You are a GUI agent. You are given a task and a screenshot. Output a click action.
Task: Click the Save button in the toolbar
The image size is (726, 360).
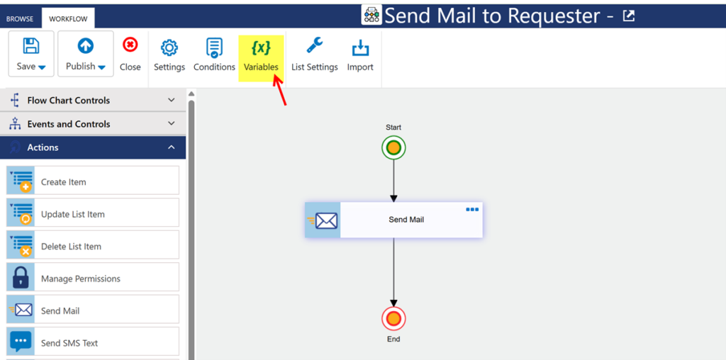[x=31, y=54]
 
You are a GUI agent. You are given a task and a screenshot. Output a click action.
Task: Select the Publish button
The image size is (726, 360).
[x=86, y=54]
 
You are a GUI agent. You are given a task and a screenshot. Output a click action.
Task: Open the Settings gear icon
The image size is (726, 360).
[x=169, y=47]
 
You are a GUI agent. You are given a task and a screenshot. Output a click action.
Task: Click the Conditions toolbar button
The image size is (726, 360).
[x=214, y=55]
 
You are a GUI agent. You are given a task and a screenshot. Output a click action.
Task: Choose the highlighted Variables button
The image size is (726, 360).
[x=261, y=58]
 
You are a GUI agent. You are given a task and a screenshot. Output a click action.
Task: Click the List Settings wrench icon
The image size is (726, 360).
[x=314, y=46]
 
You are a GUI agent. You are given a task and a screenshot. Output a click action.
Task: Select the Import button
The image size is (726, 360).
[x=360, y=55]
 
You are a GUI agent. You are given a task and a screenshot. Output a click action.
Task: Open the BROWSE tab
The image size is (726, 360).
[x=20, y=19]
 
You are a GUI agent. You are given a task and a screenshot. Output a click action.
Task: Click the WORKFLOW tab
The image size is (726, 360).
[x=68, y=19]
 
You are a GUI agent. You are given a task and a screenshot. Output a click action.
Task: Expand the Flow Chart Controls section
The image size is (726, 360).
[x=93, y=101]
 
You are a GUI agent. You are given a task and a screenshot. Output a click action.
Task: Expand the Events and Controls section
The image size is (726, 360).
[x=93, y=124]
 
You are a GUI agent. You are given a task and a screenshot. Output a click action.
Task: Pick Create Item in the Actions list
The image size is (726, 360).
[x=93, y=181]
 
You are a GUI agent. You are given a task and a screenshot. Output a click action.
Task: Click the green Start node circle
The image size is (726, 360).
[x=393, y=148]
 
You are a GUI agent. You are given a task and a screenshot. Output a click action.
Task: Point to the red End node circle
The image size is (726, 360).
[x=393, y=319]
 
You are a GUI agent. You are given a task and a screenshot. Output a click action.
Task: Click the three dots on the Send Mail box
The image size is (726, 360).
[x=472, y=210]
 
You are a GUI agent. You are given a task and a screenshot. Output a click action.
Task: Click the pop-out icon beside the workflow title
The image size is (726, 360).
[x=628, y=16]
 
